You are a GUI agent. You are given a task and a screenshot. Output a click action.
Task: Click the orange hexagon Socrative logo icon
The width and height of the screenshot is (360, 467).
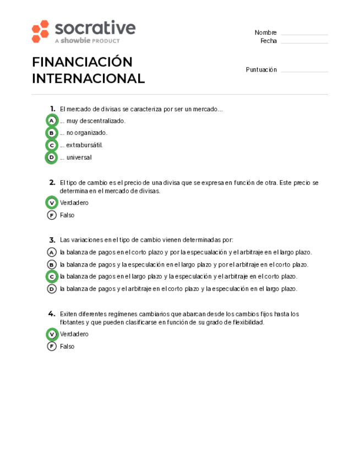tap(40, 31)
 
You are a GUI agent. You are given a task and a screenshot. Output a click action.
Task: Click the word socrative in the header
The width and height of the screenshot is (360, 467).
tap(95, 29)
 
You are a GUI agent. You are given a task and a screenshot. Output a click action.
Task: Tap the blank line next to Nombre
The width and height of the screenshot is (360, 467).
tap(304, 34)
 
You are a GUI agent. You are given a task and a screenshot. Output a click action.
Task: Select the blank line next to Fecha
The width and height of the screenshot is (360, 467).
tap(304, 42)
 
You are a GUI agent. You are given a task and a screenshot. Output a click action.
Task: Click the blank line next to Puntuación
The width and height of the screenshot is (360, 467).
tap(304, 70)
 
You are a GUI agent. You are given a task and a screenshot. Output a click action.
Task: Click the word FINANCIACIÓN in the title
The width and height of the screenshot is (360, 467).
tap(82, 62)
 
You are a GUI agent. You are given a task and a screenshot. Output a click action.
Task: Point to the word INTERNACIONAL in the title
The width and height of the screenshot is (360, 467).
tap(88, 79)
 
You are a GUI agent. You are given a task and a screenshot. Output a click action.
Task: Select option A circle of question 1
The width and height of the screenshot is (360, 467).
tap(52, 121)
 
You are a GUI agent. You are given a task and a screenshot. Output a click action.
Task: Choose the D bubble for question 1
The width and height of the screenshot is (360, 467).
tap(52, 158)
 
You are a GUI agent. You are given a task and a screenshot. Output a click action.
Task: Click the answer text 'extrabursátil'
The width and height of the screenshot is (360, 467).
tap(84, 145)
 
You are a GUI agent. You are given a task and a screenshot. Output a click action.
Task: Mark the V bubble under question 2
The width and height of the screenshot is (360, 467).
tap(52, 203)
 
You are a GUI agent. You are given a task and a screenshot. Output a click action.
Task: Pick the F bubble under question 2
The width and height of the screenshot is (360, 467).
tap(52, 215)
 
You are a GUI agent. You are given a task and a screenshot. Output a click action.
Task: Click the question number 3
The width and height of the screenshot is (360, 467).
tap(52, 240)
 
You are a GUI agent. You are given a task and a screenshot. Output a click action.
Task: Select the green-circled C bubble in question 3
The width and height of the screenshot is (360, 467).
tap(52, 276)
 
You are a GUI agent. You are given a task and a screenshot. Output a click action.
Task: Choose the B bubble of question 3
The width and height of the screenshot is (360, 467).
tap(52, 264)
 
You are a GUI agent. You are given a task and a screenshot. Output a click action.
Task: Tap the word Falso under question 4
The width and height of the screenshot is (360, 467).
tap(67, 346)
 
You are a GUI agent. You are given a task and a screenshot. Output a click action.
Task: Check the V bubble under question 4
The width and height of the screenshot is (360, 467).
tap(52, 334)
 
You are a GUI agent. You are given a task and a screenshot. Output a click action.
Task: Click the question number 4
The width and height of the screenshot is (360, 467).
tap(52, 313)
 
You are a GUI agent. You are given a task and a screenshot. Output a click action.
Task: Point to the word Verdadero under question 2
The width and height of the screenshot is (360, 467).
tap(74, 203)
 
